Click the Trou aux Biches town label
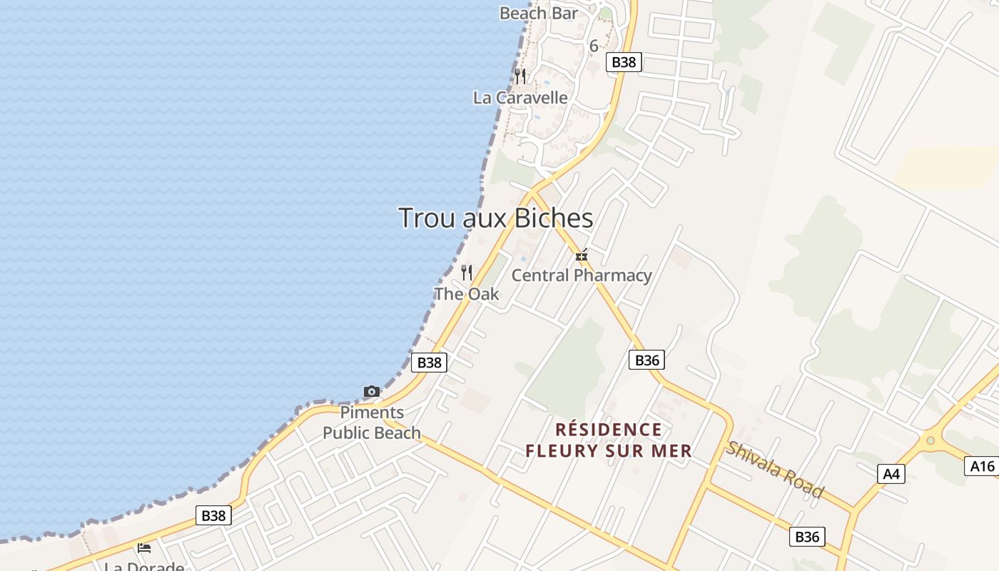[x=495, y=218]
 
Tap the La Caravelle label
[x=520, y=98]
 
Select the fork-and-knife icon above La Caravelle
[x=520, y=76]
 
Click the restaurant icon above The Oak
[x=467, y=273]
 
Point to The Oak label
[x=467, y=293]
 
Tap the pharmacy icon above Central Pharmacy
[x=582, y=255]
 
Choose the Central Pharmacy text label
[x=582, y=276]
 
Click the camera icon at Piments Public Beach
[x=372, y=391]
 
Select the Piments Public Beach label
[x=372, y=423]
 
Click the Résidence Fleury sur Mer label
[x=609, y=440]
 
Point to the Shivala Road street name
[x=775, y=470]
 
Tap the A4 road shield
[x=891, y=473]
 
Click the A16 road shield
[x=983, y=466]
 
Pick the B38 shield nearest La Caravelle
[x=624, y=62]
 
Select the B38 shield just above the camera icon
[x=429, y=363]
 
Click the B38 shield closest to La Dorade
[x=213, y=515]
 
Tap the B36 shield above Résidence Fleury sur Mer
[x=646, y=360]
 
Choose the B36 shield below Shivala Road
[x=807, y=537]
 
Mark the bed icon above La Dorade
[x=144, y=548]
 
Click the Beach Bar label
[x=538, y=13]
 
